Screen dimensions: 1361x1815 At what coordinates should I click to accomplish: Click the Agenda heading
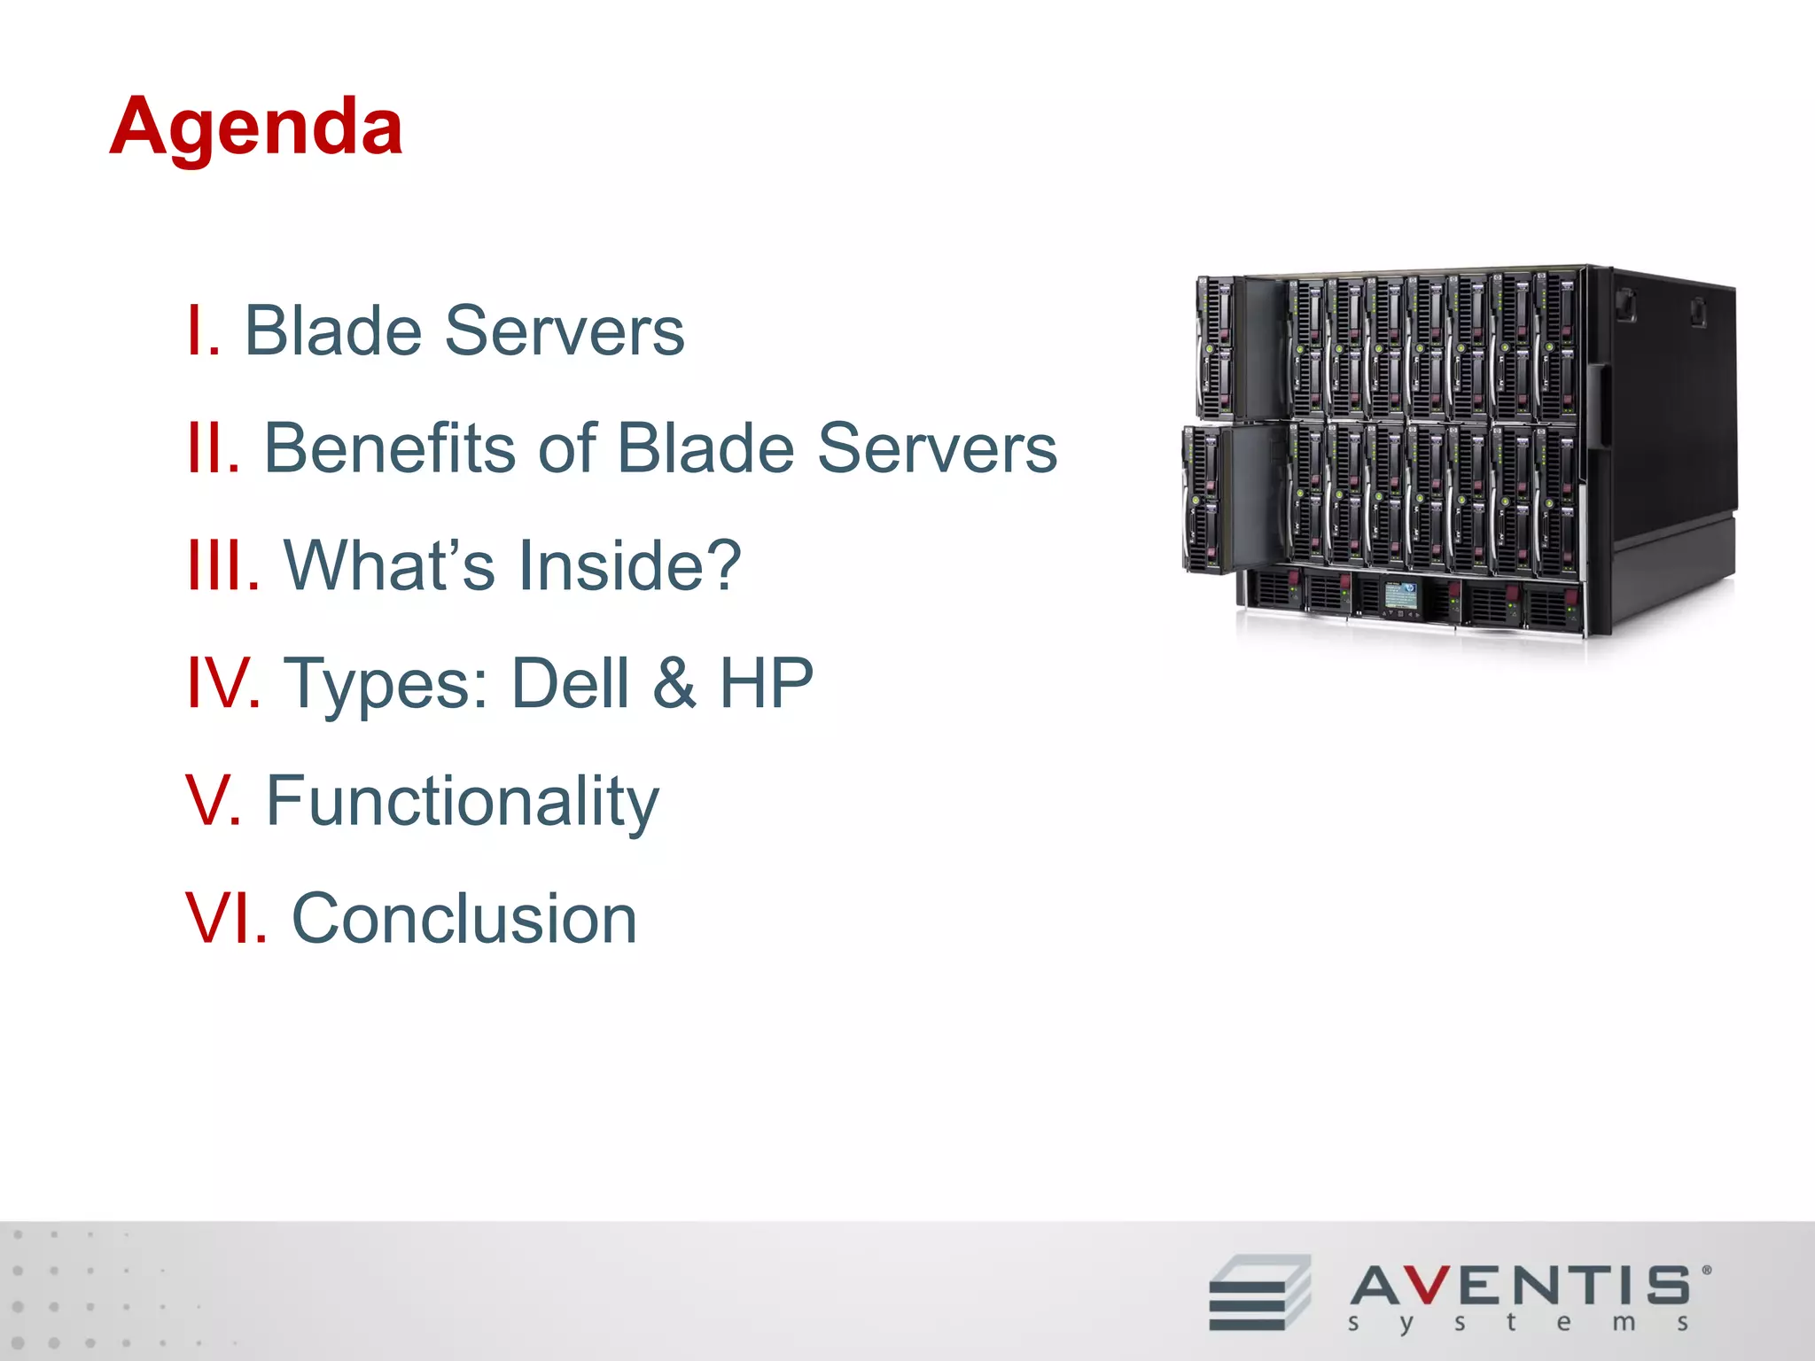(x=256, y=128)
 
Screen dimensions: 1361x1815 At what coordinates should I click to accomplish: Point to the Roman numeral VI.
(x=226, y=919)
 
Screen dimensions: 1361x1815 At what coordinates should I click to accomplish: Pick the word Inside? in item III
(x=630, y=565)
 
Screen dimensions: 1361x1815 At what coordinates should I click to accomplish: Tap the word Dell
(x=571, y=683)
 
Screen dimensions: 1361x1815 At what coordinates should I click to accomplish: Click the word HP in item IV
(x=766, y=683)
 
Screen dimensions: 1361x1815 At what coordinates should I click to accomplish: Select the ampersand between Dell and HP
(x=674, y=683)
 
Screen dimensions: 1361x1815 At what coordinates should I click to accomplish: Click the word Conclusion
(x=464, y=919)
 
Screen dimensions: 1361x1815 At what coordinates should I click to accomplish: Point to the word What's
(x=390, y=565)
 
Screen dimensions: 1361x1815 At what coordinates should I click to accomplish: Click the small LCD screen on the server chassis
(x=1401, y=595)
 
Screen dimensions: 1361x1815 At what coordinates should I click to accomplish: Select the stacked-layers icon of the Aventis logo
(x=1259, y=1292)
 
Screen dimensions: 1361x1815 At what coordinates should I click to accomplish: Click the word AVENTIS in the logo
(x=1521, y=1286)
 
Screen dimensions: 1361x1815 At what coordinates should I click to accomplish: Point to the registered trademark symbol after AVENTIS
(x=1707, y=1270)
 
